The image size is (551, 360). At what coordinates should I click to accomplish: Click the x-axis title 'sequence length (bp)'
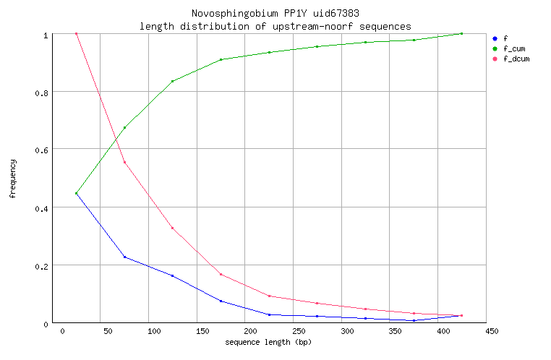click(269, 341)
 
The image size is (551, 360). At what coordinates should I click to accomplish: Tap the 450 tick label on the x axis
click(492, 332)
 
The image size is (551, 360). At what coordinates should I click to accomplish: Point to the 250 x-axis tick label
click(298, 332)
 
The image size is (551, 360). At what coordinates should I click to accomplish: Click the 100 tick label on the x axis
click(153, 332)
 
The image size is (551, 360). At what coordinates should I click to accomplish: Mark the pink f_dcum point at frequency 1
click(76, 34)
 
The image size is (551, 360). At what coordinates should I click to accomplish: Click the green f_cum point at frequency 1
click(461, 34)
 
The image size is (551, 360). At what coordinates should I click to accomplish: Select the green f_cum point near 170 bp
click(221, 59)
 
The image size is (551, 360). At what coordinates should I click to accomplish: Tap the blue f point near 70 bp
click(124, 257)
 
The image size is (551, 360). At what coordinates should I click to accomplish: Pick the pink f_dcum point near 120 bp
click(172, 228)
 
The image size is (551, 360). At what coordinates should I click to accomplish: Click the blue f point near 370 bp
click(414, 320)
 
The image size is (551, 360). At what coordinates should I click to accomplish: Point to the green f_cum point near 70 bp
click(124, 128)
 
